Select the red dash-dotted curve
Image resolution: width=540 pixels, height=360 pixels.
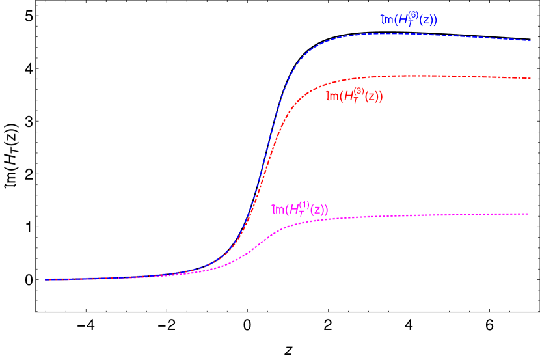390,76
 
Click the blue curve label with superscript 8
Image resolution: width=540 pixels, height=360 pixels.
409,20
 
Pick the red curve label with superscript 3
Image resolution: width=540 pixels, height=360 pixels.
354,96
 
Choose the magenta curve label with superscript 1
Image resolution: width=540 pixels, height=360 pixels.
300,209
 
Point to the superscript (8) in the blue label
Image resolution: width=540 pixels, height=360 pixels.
412,15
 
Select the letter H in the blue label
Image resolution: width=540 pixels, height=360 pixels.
403,21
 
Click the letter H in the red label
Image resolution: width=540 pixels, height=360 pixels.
349,97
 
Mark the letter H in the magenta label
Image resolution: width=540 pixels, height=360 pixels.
294,210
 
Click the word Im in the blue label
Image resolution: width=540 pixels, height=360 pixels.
387,21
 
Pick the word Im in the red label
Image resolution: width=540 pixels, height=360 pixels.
332,97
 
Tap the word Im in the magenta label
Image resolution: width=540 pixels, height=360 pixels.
278,210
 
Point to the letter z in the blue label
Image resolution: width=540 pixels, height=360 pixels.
426,21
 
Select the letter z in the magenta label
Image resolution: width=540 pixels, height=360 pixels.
317,210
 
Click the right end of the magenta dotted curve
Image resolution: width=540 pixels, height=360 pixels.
528,214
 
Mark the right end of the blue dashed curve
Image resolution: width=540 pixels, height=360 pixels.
530,40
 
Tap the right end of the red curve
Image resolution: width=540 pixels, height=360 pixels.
530,78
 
